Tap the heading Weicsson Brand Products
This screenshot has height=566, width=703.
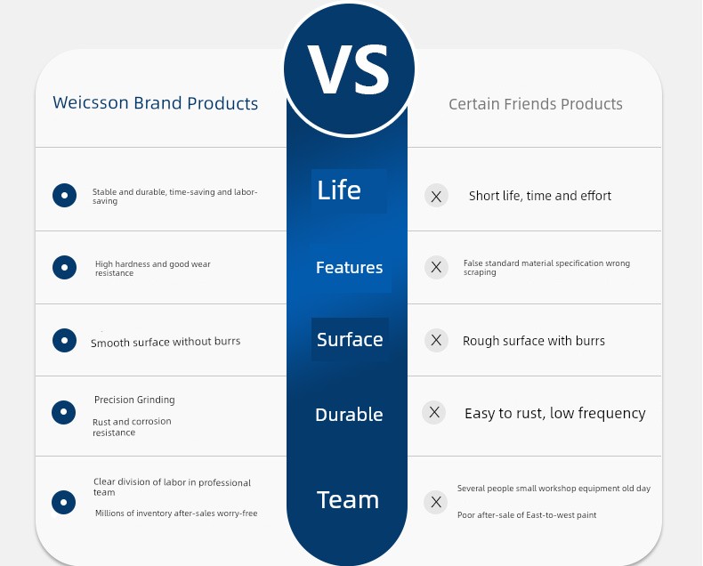(x=155, y=103)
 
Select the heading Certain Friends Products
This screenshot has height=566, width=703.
(x=536, y=104)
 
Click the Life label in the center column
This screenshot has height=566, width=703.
(x=339, y=190)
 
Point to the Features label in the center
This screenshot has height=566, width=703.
(x=349, y=267)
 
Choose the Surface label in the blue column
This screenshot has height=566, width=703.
(x=350, y=339)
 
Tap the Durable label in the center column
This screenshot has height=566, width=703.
(x=349, y=415)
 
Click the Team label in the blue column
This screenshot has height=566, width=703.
(x=348, y=499)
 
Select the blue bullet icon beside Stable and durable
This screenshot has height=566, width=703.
(x=65, y=195)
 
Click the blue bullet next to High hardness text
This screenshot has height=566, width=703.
(x=65, y=267)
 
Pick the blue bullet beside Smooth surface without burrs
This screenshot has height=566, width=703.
(x=65, y=340)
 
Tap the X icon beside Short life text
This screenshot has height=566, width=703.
(x=436, y=196)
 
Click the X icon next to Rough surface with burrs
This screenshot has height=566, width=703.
(x=436, y=340)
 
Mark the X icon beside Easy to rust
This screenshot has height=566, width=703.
(x=434, y=412)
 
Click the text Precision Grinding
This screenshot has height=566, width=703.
(x=134, y=400)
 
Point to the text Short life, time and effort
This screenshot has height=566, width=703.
(x=540, y=196)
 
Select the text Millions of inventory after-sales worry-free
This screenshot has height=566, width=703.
(x=176, y=513)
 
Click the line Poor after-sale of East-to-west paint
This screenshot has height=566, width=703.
(x=527, y=515)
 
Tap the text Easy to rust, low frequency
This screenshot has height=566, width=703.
(x=555, y=413)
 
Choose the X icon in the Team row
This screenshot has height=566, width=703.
(x=436, y=502)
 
